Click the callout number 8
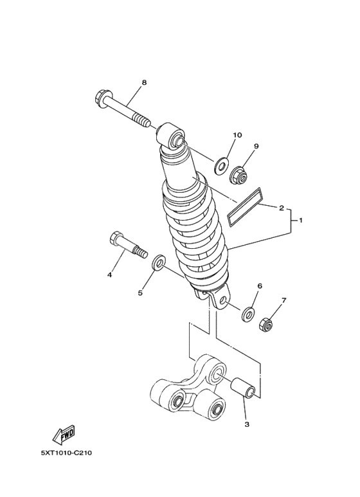pyautogui.click(x=144, y=83)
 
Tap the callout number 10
pyautogui.click(x=237, y=135)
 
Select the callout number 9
pyautogui.click(x=256, y=146)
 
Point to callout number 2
pyautogui.click(x=281, y=208)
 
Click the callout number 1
pyautogui.click(x=301, y=220)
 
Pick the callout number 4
pyautogui.click(x=110, y=275)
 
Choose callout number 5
pyautogui.click(x=140, y=293)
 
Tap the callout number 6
pyautogui.click(x=260, y=286)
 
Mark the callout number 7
pyautogui.click(x=283, y=300)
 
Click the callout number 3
pyautogui.click(x=247, y=424)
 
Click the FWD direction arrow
pyautogui.click(x=64, y=435)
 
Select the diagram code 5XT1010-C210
pyautogui.click(x=66, y=453)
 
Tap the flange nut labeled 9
pyautogui.click(x=239, y=176)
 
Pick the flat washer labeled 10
pyautogui.click(x=221, y=165)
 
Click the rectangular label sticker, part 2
pyautogui.click(x=245, y=207)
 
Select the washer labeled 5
pyautogui.click(x=158, y=262)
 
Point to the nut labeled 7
pyautogui.click(x=266, y=325)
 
